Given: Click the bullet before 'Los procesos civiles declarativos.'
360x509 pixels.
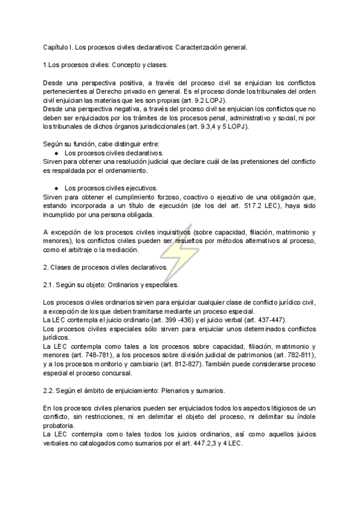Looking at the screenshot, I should pyautogui.click(x=56, y=154).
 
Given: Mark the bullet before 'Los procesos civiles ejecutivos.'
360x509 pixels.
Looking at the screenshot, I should pyautogui.click(x=56, y=188).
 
